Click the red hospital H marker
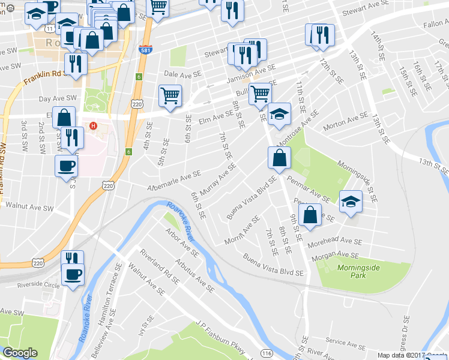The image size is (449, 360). [92, 126]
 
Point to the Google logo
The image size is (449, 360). [20, 353]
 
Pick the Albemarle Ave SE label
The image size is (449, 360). [174, 183]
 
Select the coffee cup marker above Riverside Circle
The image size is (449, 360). [73, 275]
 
